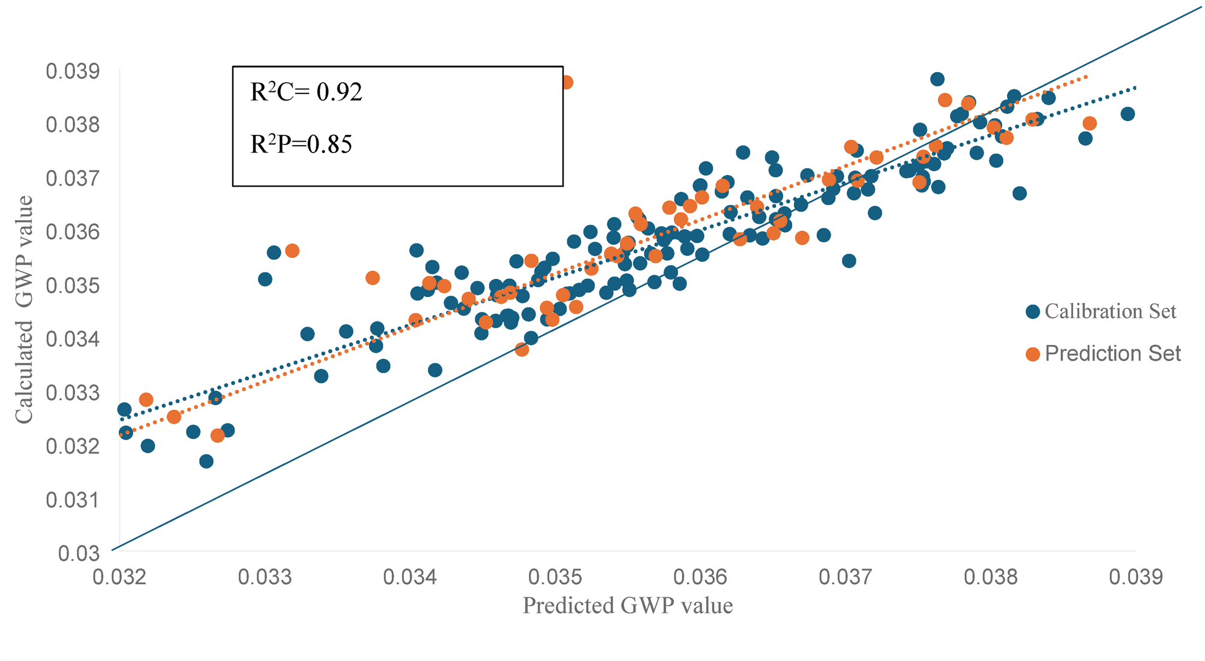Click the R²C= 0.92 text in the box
pos(306,92)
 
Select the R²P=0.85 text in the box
pos(301,145)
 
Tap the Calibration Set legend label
pos(1110,311)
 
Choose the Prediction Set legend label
pos(1113,353)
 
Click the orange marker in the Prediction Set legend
pos(1033,354)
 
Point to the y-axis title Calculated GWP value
pos(24,310)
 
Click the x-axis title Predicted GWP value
pos(628,606)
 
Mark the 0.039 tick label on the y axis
pos(73,72)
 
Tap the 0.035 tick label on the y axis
pos(73,286)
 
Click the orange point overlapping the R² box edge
pos(566,82)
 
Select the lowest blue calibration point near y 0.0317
pos(206,461)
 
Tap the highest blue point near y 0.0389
pos(937,79)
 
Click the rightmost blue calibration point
pos(1128,114)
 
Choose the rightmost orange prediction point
pos(1090,124)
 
